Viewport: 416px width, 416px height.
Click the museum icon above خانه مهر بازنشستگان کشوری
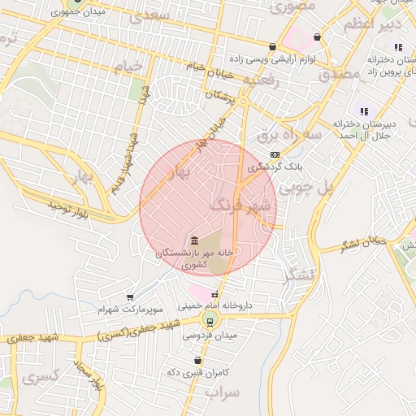195,240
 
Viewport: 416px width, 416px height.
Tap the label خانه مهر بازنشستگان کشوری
195,258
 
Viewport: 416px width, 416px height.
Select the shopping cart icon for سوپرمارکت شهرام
130,297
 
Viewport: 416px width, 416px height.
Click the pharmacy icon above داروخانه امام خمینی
214,294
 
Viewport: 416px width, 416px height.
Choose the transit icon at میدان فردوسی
210,320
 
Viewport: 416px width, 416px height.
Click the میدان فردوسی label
209,335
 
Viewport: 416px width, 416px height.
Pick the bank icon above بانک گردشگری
275,154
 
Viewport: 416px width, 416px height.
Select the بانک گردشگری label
275,167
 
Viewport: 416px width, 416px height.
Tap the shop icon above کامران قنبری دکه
198,359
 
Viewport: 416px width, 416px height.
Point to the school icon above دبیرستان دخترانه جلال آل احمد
364,111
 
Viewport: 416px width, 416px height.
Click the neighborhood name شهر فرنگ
240,205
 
